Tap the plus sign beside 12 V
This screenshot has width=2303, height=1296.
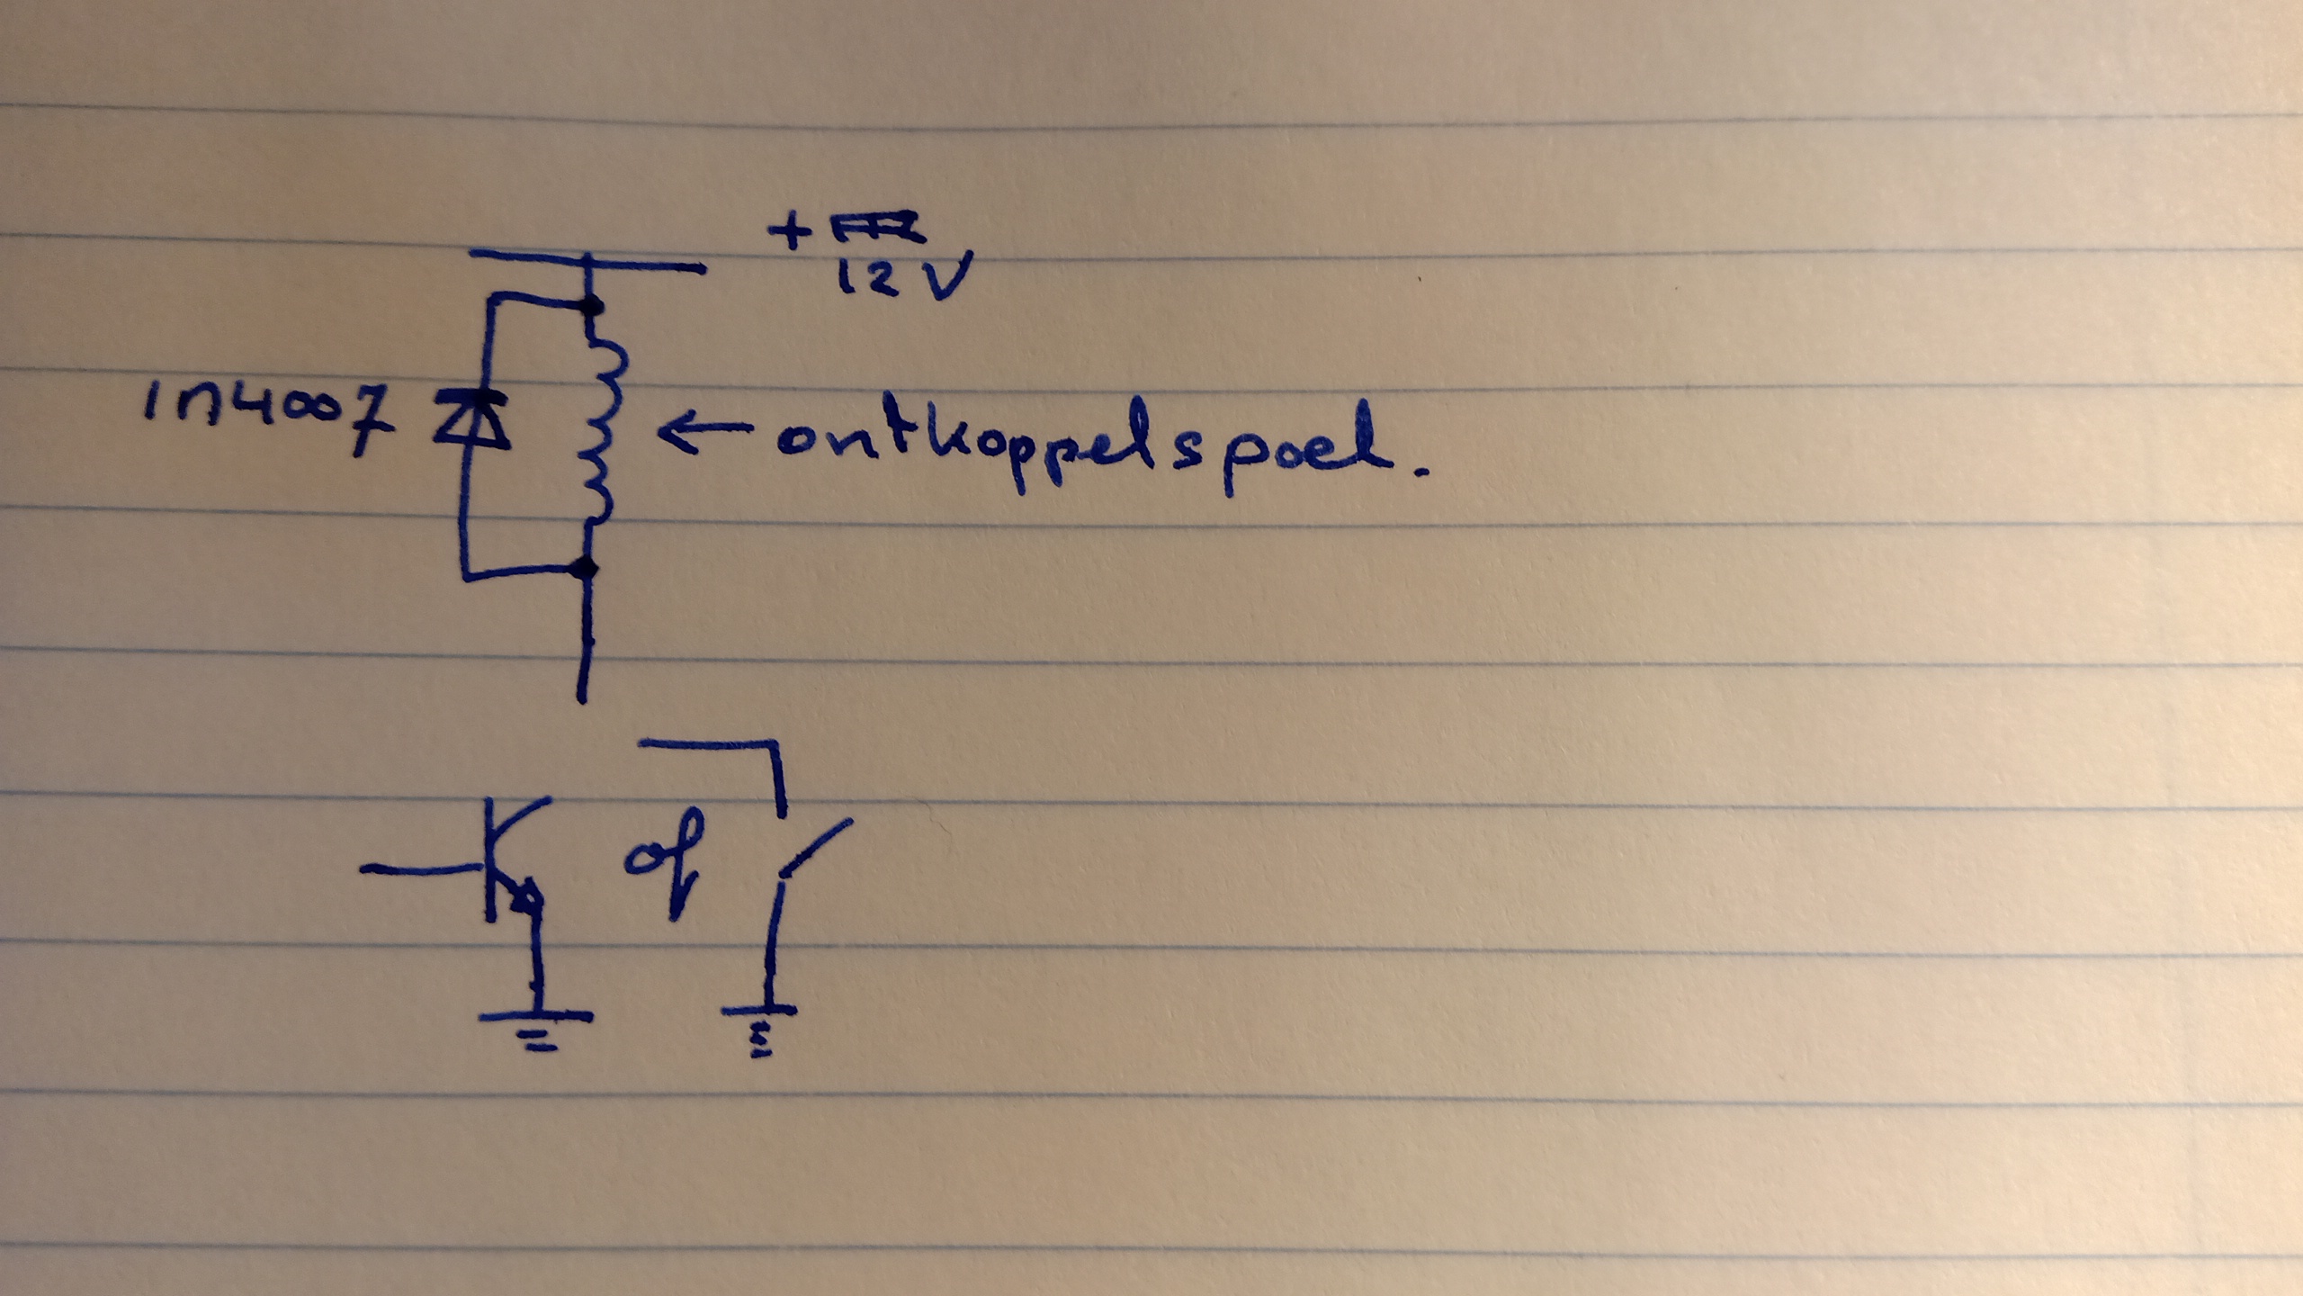click(789, 231)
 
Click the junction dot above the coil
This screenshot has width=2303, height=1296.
click(591, 306)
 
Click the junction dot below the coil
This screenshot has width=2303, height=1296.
click(587, 569)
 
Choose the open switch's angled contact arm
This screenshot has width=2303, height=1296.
click(815, 846)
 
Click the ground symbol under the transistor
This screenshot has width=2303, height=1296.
click(536, 1026)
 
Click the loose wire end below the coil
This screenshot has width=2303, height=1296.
click(584, 693)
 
